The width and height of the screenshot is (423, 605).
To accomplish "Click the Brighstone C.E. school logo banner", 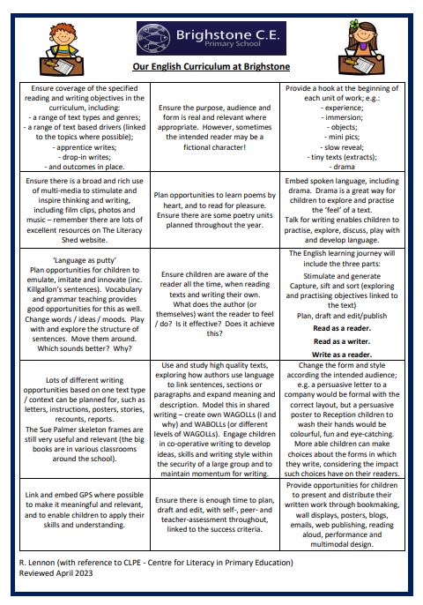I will [211, 39].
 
